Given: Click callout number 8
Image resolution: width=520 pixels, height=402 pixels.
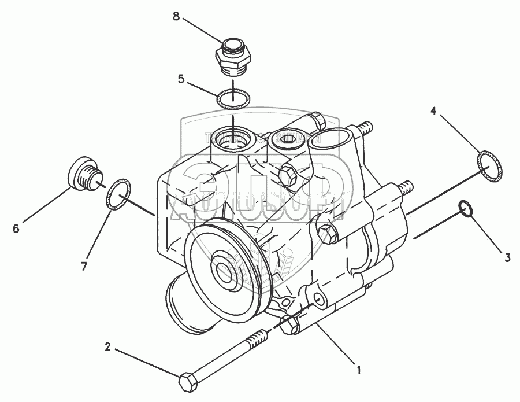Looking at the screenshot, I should pyautogui.click(x=176, y=16).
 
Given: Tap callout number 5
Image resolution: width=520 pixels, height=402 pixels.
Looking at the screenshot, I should pyautogui.click(x=181, y=79).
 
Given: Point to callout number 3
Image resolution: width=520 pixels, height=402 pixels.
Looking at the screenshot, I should pyautogui.click(x=507, y=258).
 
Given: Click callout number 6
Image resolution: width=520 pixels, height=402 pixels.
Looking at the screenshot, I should pyautogui.click(x=16, y=228).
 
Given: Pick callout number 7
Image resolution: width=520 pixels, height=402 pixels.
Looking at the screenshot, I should pyautogui.click(x=84, y=266).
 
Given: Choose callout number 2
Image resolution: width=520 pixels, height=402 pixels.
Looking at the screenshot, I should pyautogui.click(x=107, y=348).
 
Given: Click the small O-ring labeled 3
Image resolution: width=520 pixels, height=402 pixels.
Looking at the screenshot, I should pyautogui.click(x=466, y=209).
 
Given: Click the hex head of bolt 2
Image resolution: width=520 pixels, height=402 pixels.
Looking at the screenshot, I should pyautogui.click(x=189, y=382).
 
